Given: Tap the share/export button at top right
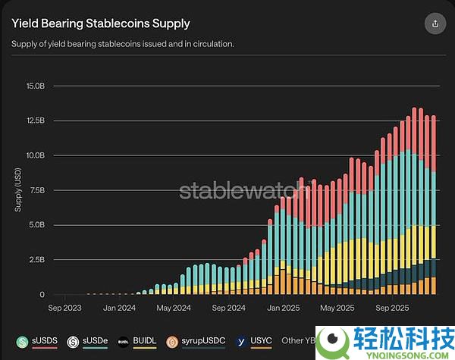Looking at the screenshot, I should pos(435,23).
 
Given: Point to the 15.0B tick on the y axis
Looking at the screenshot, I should pos(36,86).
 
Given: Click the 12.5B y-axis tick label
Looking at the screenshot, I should pos(36,121).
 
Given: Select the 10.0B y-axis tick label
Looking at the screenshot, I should pos(36,155).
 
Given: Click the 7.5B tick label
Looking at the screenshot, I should pos(38,190).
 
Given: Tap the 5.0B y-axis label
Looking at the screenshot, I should pos(38,225).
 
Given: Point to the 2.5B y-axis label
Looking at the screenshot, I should pos(38,260).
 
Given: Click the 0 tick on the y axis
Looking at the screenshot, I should pos(43,295).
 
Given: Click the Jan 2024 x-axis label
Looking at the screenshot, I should pos(120,308).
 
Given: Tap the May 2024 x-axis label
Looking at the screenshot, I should pos(173,308).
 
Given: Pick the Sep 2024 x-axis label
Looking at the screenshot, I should pos(228,308).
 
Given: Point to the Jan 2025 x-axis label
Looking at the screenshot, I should pos(282,308).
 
